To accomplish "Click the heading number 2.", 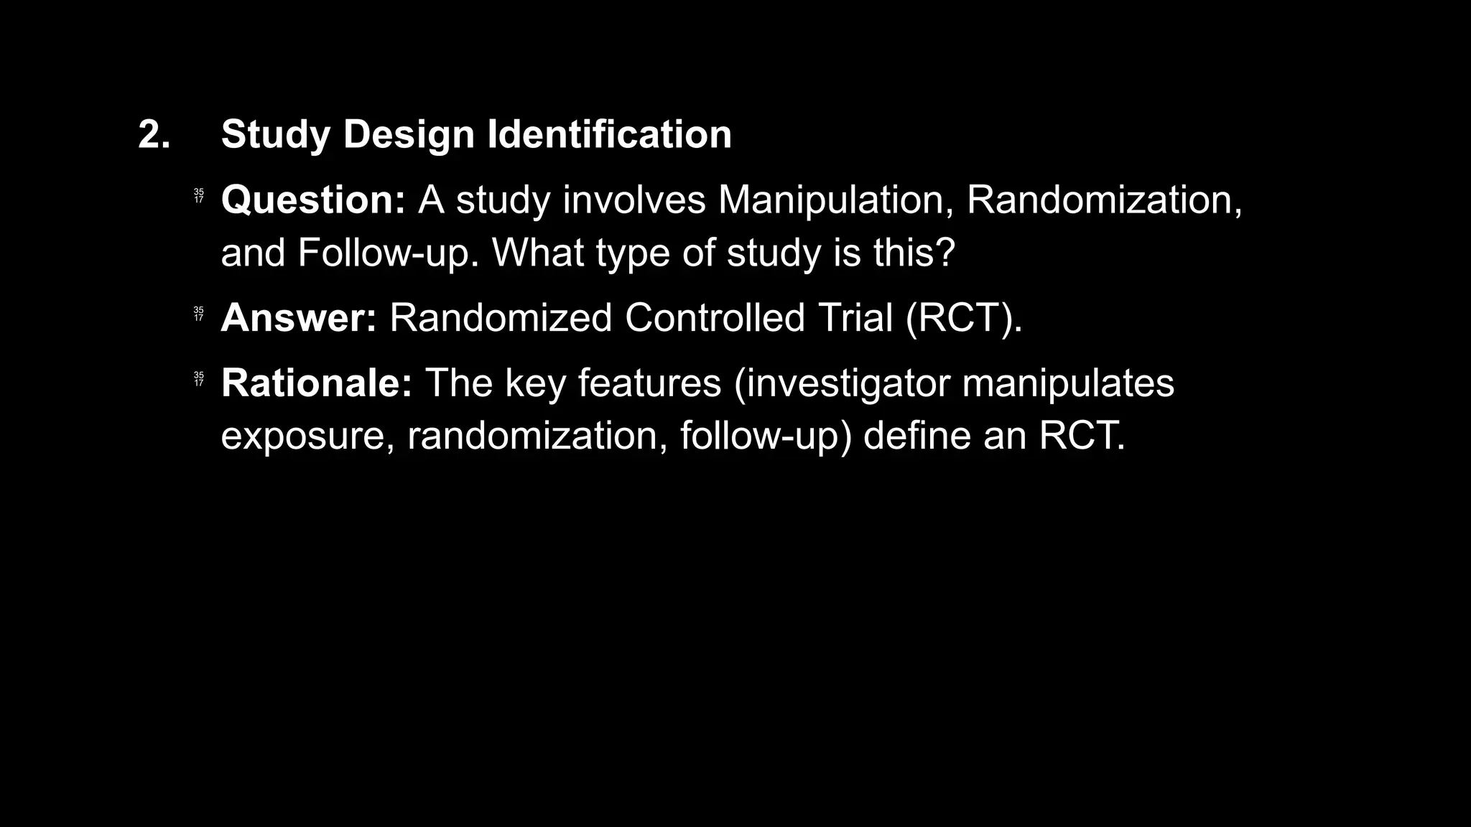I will (x=154, y=134).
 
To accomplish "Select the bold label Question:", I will (x=313, y=200).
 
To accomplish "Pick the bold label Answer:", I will (x=299, y=318).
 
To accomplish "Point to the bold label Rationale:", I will (x=317, y=383).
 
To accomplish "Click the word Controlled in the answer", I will (x=715, y=318).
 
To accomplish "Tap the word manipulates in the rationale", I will (x=1068, y=384).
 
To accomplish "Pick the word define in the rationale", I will (x=917, y=435).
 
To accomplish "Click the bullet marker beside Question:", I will (x=199, y=196).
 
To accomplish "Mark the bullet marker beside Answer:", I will (x=199, y=314).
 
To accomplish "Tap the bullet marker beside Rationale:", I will (x=199, y=378).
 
